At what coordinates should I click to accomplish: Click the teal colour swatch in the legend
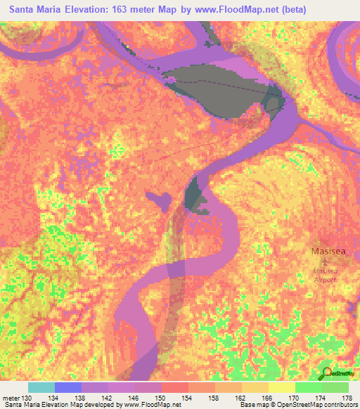coord(41,387)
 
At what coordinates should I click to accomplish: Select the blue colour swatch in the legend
coord(68,387)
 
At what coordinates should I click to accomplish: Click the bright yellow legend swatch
coord(282,387)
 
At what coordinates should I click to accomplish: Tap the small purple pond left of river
coord(160,199)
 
